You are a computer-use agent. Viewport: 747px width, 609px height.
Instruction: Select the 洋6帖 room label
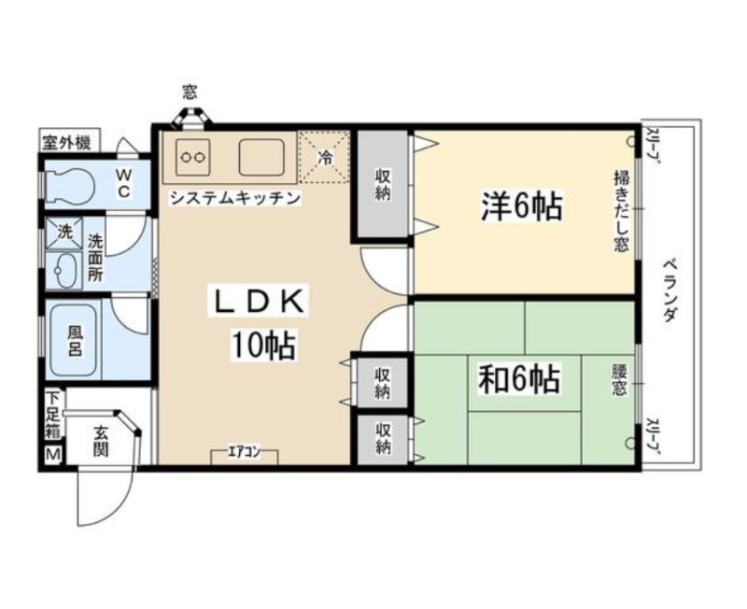pyautogui.click(x=523, y=206)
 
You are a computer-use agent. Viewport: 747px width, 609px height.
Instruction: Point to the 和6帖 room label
pyautogui.click(x=519, y=379)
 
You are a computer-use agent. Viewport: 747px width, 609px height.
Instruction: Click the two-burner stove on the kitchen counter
pyautogui.click(x=193, y=157)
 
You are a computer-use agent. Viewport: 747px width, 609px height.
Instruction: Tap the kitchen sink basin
pyautogui.click(x=261, y=157)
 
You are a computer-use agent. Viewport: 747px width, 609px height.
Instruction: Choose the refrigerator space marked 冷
pyautogui.click(x=324, y=157)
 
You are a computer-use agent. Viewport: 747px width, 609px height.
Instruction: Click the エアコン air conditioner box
pyautogui.click(x=245, y=456)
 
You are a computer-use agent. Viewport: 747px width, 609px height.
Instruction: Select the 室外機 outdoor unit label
pyautogui.click(x=67, y=142)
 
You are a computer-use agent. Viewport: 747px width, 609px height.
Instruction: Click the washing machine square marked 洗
pyautogui.click(x=64, y=233)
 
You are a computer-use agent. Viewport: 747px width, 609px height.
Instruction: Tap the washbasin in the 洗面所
pyautogui.click(x=64, y=270)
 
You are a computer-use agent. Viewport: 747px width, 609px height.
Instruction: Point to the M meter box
pyautogui.click(x=53, y=455)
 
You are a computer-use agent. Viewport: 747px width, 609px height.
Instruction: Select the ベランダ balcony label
pyautogui.click(x=669, y=290)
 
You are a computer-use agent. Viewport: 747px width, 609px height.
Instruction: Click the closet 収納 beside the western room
pyautogui.click(x=383, y=184)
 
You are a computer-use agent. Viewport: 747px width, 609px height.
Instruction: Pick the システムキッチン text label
pyautogui.click(x=235, y=197)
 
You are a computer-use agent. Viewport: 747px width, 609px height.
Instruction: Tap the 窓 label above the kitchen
pyautogui.click(x=190, y=91)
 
